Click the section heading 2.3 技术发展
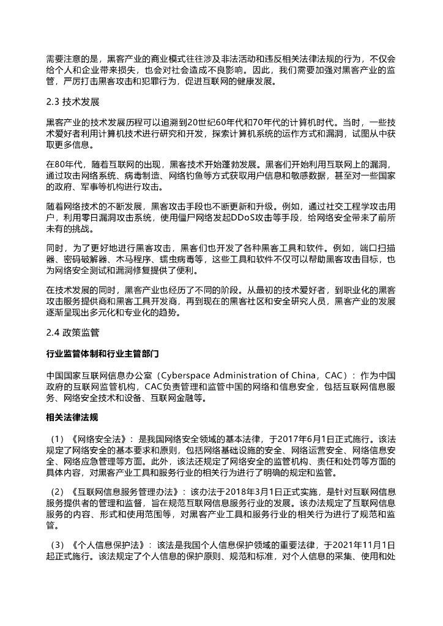pyautogui.click(x=72, y=101)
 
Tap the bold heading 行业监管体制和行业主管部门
pyautogui.click(x=103, y=354)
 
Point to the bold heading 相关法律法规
pyautogui.click(x=72, y=418)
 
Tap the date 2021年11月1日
pyautogui.click(x=361, y=544)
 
